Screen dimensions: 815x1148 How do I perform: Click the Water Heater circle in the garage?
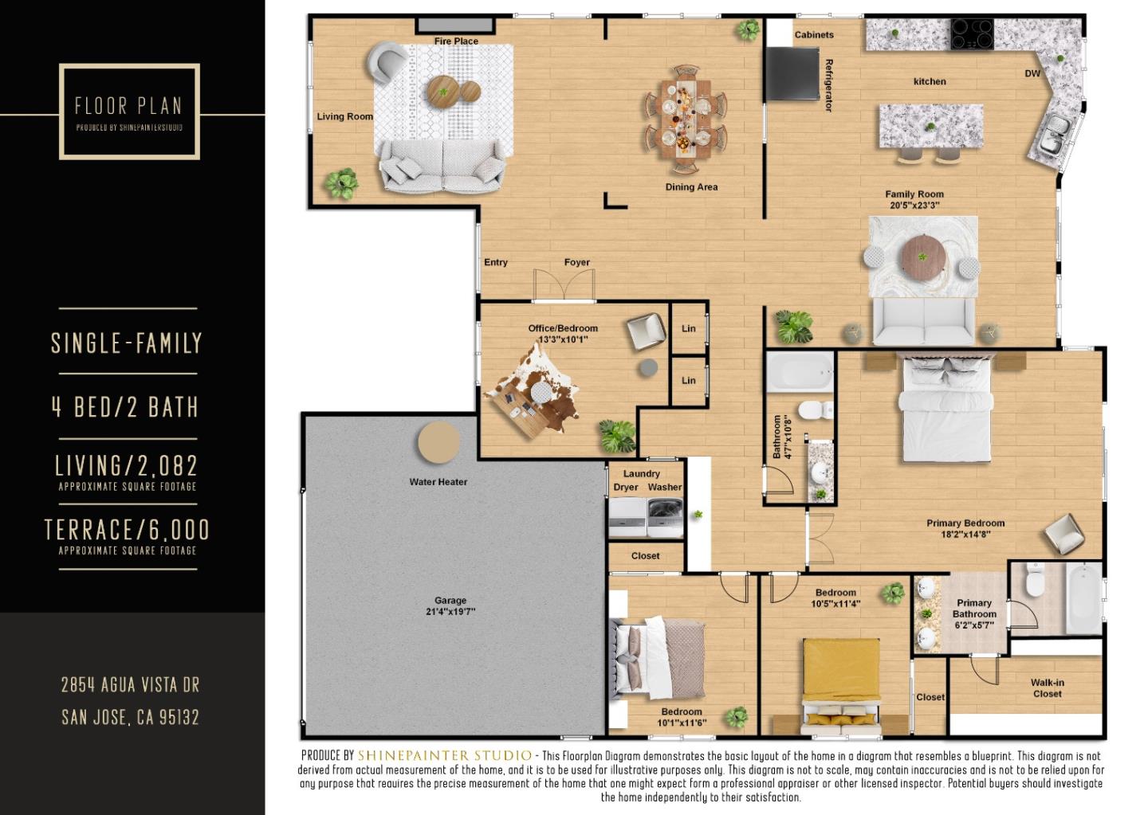tap(439, 443)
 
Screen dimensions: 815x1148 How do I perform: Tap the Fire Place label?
tap(456, 41)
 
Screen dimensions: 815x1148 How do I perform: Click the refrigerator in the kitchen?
tap(792, 74)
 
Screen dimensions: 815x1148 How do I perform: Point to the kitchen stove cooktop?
tap(972, 34)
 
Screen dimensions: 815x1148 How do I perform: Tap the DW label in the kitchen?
tap(1032, 73)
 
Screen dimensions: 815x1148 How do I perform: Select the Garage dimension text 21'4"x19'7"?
tap(450, 612)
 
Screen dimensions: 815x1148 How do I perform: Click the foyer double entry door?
tap(564, 285)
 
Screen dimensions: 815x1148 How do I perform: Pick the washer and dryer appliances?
tap(646, 518)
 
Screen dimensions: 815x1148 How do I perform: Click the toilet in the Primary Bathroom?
tap(1034, 582)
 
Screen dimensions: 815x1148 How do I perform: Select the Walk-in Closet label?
tap(1047, 688)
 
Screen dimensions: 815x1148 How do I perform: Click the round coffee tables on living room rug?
tap(452, 92)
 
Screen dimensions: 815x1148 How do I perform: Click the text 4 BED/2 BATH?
tap(125, 407)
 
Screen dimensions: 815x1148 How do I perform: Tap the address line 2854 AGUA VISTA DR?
tap(130, 685)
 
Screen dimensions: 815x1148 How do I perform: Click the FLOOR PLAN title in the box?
tap(128, 105)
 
